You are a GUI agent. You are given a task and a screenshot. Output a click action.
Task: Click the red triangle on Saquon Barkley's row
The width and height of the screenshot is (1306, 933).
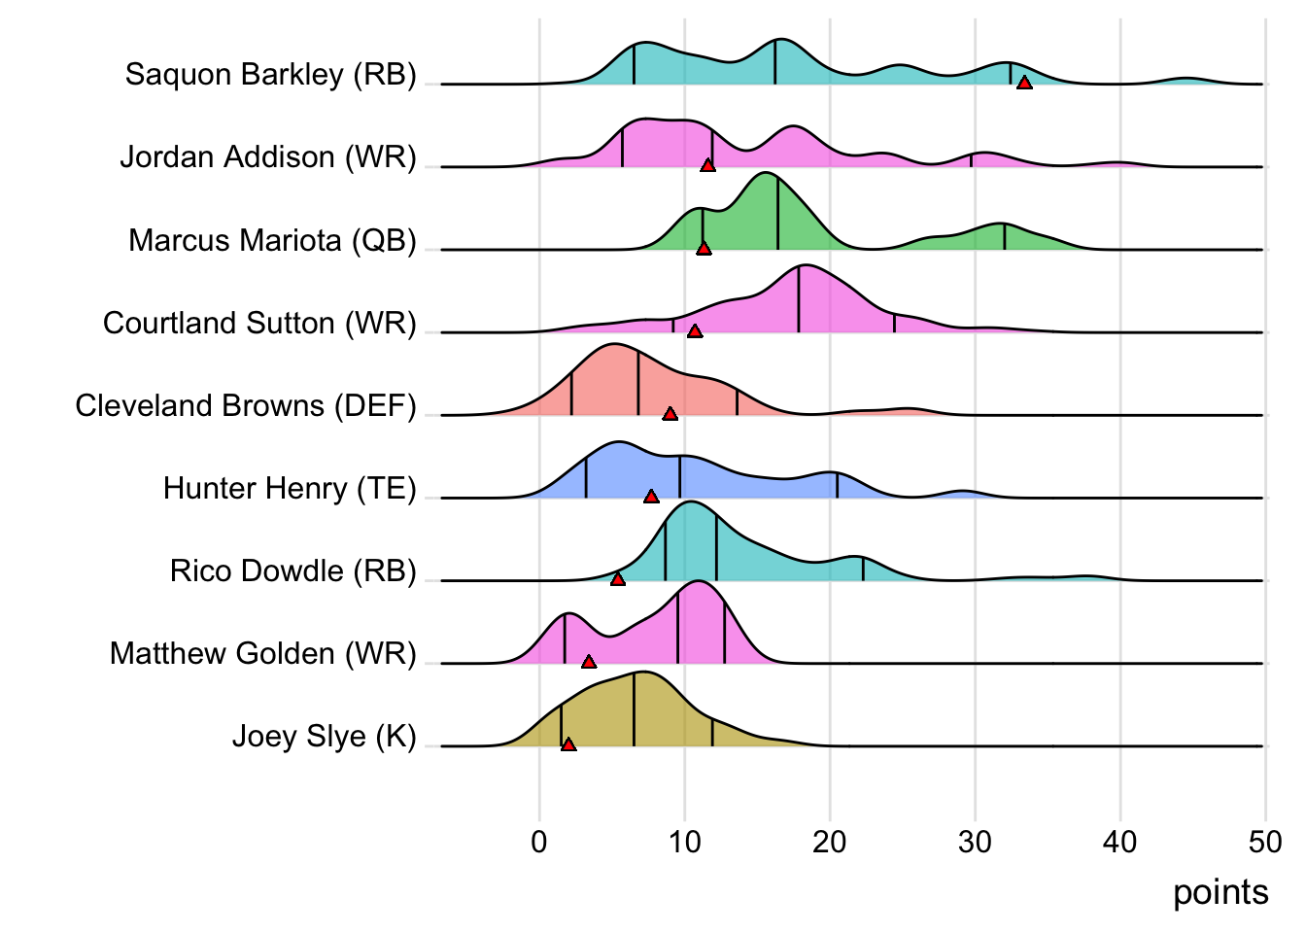[x=1024, y=83]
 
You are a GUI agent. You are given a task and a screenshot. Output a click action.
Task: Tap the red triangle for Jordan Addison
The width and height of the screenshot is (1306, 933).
[x=708, y=165]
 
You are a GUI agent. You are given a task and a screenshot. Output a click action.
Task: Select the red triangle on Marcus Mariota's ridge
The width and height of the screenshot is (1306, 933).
[x=705, y=248]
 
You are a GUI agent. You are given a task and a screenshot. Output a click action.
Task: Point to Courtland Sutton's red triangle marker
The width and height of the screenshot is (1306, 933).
[x=695, y=331]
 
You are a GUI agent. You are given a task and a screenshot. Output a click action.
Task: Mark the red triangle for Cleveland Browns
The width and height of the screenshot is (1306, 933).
[x=670, y=414]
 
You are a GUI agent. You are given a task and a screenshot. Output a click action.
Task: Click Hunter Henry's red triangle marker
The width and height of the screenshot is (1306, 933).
[x=651, y=497]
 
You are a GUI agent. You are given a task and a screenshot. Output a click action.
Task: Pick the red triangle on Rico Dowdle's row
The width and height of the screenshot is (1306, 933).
[x=618, y=579]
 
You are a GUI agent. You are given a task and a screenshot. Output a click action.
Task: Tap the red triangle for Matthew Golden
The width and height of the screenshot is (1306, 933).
[x=589, y=662]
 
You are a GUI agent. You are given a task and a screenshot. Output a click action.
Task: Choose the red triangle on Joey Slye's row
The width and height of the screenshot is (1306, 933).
[x=568, y=744]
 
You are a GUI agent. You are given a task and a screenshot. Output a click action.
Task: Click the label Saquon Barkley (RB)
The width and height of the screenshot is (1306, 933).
[x=270, y=74]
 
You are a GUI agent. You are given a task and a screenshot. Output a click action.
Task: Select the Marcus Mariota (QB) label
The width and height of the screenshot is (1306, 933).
[x=272, y=240]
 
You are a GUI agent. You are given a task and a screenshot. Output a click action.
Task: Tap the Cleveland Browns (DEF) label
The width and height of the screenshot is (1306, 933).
[x=246, y=405]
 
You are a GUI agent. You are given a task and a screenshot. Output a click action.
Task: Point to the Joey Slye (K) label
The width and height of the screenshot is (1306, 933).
[x=324, y=737]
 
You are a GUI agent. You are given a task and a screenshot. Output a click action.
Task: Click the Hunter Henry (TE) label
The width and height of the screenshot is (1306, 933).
[x=290, y=488]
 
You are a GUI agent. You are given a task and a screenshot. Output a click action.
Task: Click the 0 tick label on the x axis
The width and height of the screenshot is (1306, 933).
[x=539, y=842]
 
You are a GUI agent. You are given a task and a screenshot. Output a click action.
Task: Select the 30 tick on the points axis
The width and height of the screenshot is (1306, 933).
[x=975, y=842]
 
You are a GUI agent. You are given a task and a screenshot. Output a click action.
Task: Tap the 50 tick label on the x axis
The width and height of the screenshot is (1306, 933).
[x=1265, y=842]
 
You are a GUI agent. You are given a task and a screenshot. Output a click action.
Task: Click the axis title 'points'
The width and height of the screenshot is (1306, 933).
[x=1220, y=892]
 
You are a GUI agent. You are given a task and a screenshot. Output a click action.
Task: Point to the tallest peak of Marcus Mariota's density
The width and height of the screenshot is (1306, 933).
[x=766, y=173]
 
